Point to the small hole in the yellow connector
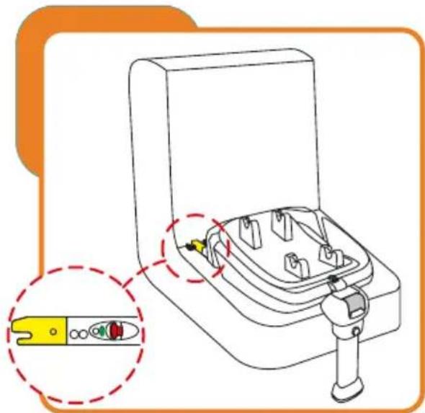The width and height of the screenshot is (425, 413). pos(53,332)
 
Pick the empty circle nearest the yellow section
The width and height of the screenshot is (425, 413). pos(74,334)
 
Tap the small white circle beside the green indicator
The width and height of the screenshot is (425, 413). pos(84,334)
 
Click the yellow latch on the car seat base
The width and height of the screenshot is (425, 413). pos(197,246)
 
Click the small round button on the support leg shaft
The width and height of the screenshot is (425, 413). pos(355,331)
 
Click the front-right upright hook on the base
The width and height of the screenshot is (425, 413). pos(328,256)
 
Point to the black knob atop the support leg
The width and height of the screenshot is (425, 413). pos(333,277)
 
